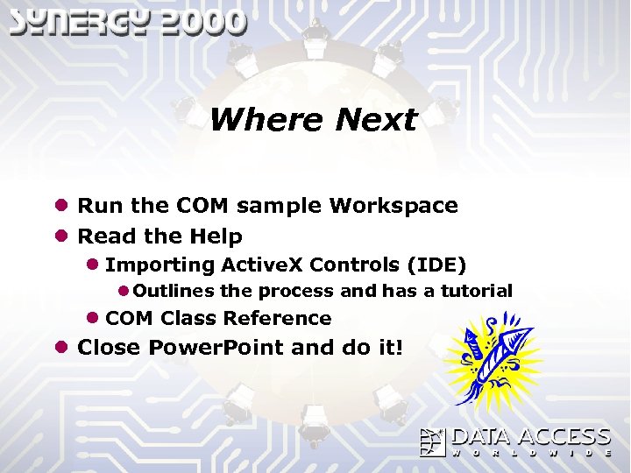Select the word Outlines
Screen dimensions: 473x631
(x=175, y=291)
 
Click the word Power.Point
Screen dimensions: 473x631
(x=216, y=348)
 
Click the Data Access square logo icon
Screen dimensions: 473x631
(x=434, y=442)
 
